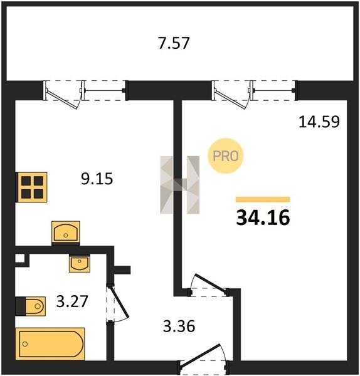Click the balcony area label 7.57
174,43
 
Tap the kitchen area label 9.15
97,179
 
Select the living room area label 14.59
319,122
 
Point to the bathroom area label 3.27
72,301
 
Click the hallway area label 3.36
179,326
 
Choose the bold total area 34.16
263,217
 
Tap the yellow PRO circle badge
226,156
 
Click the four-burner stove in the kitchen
31,187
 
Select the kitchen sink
66,232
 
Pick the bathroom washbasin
80,264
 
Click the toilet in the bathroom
31,306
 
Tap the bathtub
50,344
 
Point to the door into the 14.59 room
208,285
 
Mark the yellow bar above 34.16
263,199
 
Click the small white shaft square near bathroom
20,258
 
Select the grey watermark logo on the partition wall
180,185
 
